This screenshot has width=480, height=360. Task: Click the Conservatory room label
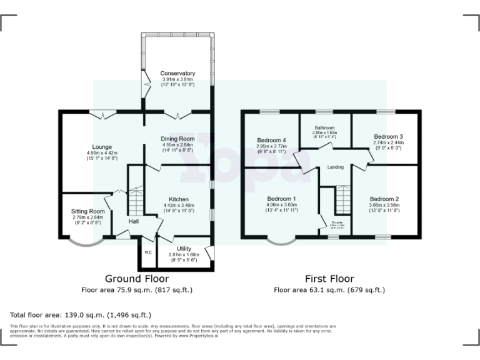point(178,73)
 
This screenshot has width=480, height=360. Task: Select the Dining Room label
point(178,139)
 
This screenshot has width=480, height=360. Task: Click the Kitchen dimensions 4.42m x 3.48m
point(178,205)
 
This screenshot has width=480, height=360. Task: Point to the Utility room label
point(184,249)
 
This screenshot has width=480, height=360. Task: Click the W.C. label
point(148,252)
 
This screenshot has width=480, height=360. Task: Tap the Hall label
point(134,221)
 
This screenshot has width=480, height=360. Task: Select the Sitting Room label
point(87,212)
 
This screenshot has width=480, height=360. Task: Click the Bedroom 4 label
point(271,139)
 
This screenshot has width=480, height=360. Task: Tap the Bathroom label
point(324,127)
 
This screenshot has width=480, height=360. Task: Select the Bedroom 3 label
point(388,136)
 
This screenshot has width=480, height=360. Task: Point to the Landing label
point(335,167)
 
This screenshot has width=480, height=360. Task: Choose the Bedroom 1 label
point(281,198)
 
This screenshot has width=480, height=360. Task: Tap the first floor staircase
point(341,200)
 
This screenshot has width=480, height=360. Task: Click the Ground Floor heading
point(136,279)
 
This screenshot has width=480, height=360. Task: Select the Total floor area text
point(81,315)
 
